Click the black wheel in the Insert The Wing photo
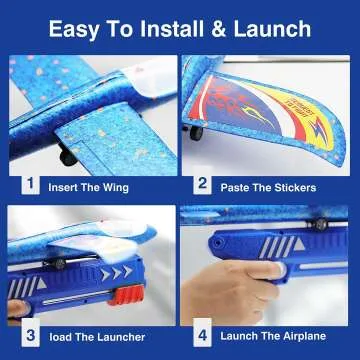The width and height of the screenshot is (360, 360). pyautogui.click(x=67, y=156)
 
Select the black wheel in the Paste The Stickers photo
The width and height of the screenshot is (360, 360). pyautogui.click(x=197, y=131)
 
